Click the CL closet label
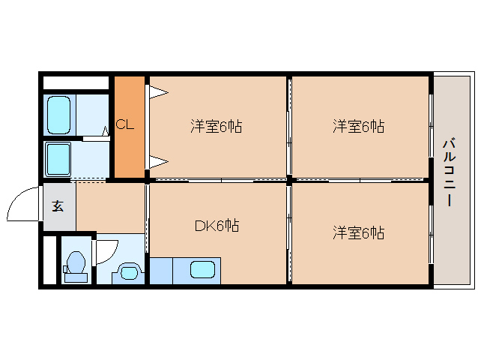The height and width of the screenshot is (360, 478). coord(125,125)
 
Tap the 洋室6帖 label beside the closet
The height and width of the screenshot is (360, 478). coord(216,127)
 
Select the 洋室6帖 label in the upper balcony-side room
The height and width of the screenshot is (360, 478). coord(358,127)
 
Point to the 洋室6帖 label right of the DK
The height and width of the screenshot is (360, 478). coord(358,233)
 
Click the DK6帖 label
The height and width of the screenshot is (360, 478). coord(217,225)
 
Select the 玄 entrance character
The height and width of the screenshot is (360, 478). coord(58,205)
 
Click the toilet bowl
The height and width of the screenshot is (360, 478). coord(75,264)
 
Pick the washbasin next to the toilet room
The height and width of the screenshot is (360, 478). coord(130,271)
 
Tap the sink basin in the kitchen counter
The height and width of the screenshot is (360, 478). coord(204,269)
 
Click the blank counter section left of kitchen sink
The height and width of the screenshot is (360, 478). coord(160,270)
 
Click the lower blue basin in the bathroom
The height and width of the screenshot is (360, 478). coord(58,158)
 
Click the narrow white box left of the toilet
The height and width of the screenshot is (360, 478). coord(49,259)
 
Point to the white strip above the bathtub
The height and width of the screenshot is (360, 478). coord(76,82)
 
